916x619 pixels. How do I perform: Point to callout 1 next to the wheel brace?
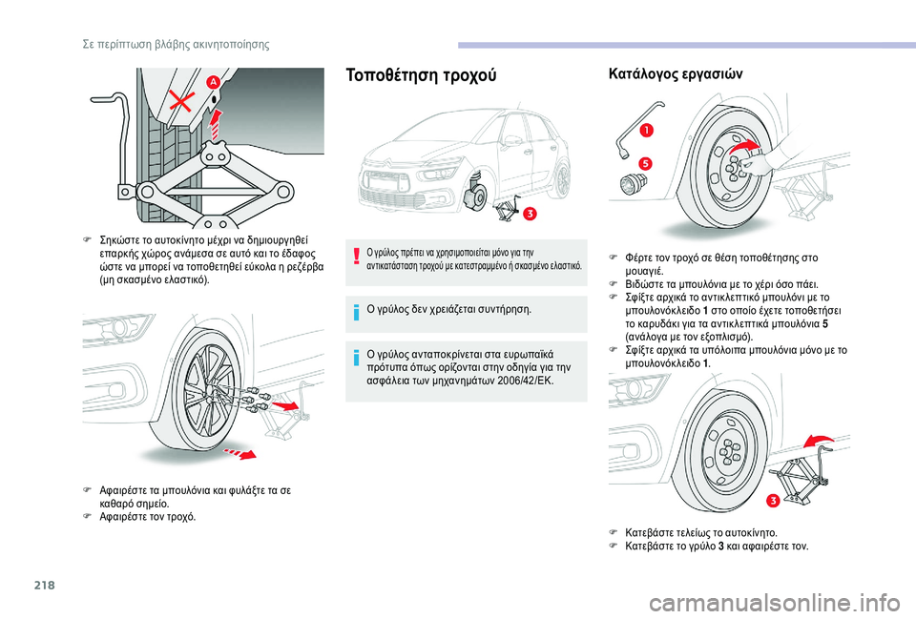point(647,130)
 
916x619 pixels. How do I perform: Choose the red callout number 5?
point(645,164)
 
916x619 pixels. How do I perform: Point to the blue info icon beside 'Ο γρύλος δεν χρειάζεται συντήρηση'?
point(355,310)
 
